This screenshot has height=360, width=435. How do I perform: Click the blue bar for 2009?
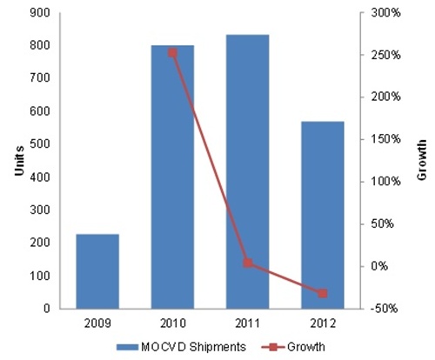pyautogui.click(x=97, y=271)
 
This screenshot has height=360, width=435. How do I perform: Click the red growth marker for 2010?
pyautogui.click(x=172, y=52)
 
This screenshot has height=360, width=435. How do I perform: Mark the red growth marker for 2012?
pyautogui.click(x=322, y=294)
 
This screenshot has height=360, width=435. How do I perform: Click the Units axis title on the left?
pyautogui.click(x=18, y=162)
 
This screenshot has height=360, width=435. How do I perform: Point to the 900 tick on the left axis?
pyautogui.click(x=40, y=13)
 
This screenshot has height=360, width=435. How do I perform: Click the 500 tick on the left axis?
pyautogui.click(x=40, y=144)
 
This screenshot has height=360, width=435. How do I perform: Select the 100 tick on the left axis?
pyautogui.click(x=40, y=276)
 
